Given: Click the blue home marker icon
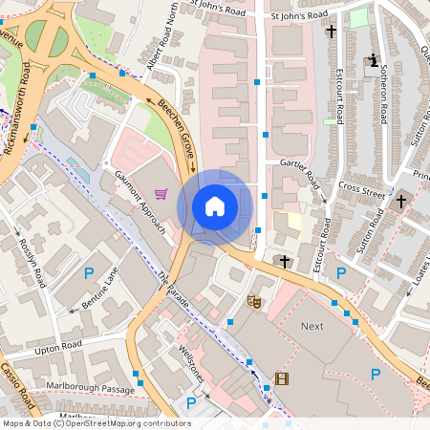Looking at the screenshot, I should click(215, 205).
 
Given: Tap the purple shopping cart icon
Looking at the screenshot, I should click(161, 194).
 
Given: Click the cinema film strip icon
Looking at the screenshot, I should click(281, 378).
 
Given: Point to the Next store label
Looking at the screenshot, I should click(312, 326).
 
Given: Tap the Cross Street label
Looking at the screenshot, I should click(361, 189).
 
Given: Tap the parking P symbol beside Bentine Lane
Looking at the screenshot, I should click(89, 273).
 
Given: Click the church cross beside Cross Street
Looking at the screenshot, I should click(401, 202).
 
